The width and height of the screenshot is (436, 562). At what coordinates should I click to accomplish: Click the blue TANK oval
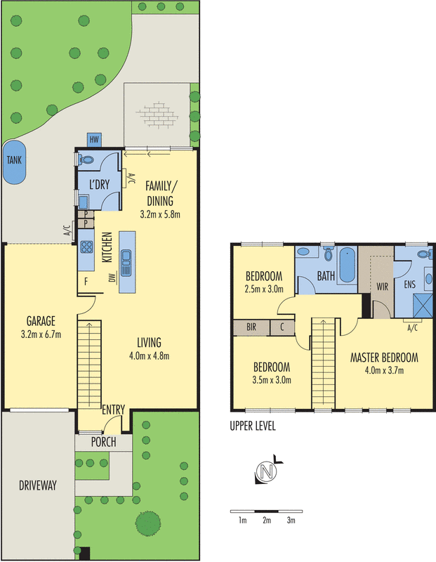[14, 161]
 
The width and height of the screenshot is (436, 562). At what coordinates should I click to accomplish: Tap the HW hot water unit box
[93, 138]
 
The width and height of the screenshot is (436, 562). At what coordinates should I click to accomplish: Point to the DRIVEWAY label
[37, 485]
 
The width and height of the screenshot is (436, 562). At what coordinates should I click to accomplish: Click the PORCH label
[103, 443]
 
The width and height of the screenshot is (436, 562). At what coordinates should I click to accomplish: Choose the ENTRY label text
[113, 410]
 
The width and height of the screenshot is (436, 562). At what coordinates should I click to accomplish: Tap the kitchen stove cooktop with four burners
[88, 247]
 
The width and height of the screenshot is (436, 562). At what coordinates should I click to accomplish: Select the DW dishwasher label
[112, 280]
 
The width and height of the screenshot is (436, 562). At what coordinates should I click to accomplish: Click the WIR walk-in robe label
[383, 286]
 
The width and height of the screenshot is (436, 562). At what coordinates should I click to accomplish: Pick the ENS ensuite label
[410, 286]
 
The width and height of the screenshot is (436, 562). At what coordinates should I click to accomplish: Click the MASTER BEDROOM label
[384, 357]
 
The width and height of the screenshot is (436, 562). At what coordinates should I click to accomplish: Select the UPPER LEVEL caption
[253, 426]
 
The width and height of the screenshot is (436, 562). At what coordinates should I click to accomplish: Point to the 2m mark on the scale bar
[266, 521]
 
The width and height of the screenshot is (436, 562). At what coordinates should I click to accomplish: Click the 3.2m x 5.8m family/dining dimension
[161, 215]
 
